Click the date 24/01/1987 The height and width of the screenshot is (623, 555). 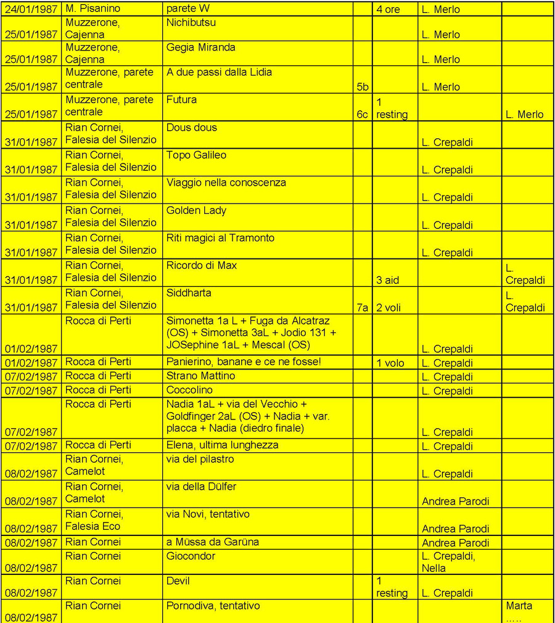31,9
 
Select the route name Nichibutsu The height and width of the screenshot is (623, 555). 191,23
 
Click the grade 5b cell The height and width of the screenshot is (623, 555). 363,87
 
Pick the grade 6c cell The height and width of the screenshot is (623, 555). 363,114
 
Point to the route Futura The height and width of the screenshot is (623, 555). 181,100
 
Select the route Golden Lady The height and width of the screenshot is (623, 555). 196,210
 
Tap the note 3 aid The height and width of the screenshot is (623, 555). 387,280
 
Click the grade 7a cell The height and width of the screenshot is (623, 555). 363,307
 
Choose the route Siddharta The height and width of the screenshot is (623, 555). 189,293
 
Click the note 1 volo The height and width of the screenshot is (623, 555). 390,363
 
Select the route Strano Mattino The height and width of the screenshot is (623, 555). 200,376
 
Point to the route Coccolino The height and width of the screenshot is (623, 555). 189,390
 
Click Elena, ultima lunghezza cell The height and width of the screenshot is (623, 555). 222,445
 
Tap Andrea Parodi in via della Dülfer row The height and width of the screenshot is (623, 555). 455,501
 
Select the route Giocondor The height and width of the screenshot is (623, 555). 191,556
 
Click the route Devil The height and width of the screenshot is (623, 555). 178,581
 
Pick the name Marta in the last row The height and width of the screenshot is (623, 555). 519,606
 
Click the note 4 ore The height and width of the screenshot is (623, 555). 388,9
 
